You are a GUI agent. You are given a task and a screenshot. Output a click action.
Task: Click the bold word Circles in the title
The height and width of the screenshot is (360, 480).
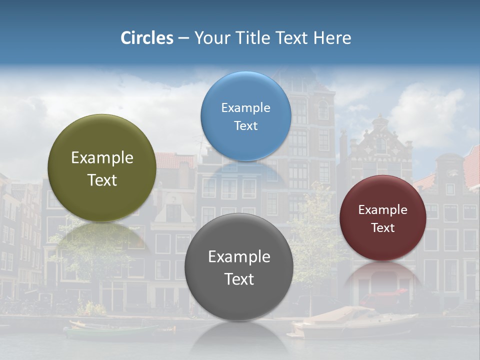pos(146,38)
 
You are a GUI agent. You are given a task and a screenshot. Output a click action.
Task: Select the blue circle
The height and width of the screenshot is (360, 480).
pos(245,116)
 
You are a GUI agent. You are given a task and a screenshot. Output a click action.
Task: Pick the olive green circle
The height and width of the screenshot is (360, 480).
pos(102,168)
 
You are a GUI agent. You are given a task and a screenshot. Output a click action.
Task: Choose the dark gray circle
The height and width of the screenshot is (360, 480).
pos(238,267)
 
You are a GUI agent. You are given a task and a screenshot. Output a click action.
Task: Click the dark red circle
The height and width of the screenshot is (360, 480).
pos(382,218)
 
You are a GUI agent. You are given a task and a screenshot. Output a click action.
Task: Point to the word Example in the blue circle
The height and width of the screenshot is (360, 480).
pos(245,108)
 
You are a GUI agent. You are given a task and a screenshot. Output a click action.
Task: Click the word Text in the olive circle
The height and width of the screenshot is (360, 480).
pos(102,180)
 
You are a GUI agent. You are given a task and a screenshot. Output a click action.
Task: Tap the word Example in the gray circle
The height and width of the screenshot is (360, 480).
pos(238,257)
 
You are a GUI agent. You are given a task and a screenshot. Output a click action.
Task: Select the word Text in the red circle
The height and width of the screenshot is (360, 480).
pos(382,228)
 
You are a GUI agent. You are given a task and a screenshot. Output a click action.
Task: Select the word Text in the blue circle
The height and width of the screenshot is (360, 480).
pos(245,125)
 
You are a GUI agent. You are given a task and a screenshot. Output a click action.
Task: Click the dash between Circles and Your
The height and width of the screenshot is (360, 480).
pos(183,38)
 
